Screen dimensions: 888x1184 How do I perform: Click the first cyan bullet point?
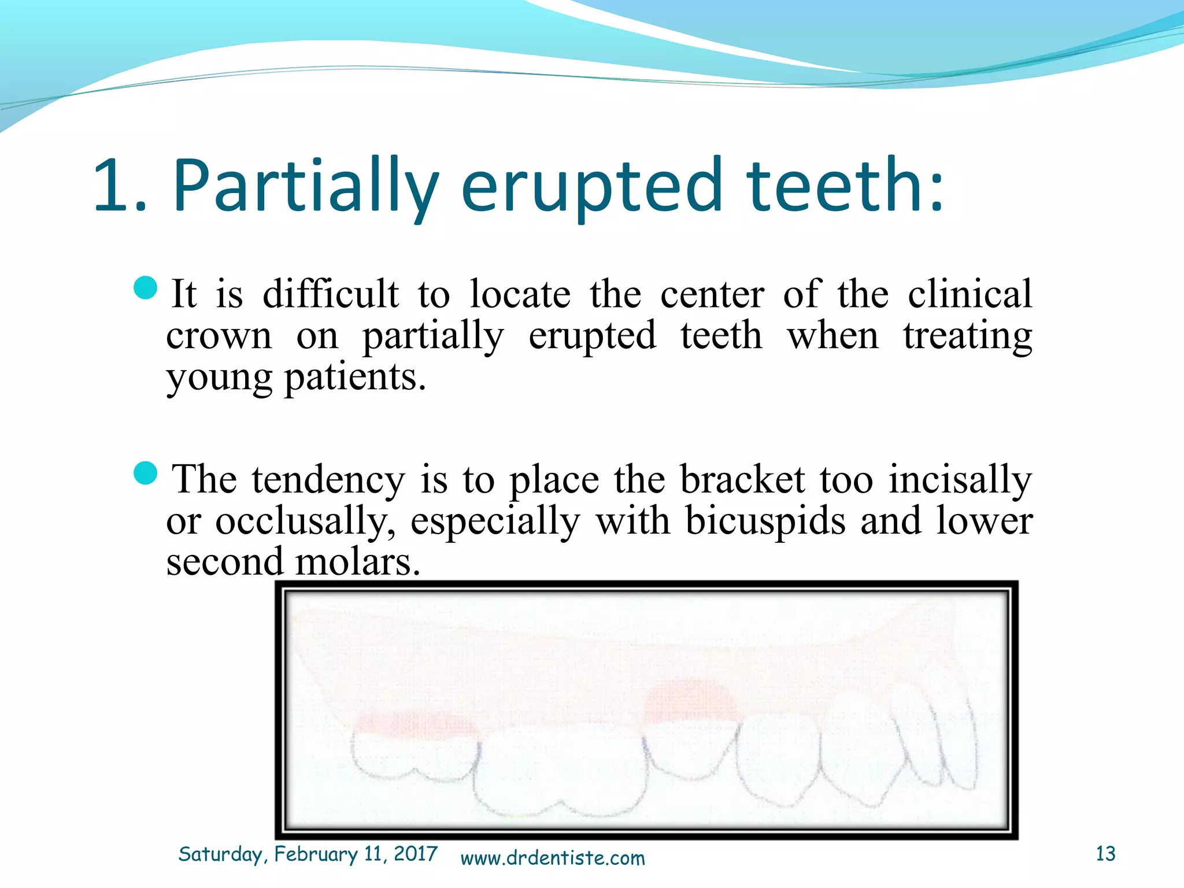(145, 288)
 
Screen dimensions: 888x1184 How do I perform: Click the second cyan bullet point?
(145, 473)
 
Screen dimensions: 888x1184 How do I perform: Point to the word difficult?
(330, 294)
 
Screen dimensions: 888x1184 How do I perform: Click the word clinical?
(970, 294)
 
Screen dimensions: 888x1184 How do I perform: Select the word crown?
(219, 336)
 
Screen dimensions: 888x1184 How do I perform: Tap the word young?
(219, 378)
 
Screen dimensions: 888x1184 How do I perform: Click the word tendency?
(328, 479)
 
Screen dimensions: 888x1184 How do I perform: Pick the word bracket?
(742, 479)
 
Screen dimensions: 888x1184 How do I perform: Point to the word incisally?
(960, 479)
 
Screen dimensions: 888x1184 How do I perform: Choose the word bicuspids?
(765, 520)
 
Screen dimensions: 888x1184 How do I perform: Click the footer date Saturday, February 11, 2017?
(308, 854)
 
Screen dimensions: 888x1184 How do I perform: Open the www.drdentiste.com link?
(552, 858)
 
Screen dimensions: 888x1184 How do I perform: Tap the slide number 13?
(1105, 854)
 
